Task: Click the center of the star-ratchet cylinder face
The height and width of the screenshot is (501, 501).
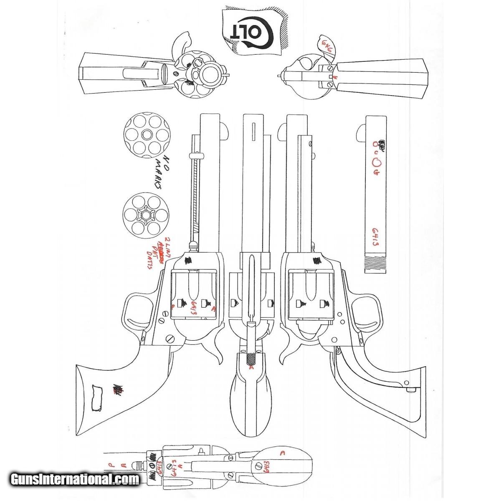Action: click(145, 215)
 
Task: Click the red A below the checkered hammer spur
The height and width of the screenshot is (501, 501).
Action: click(251, 368)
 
